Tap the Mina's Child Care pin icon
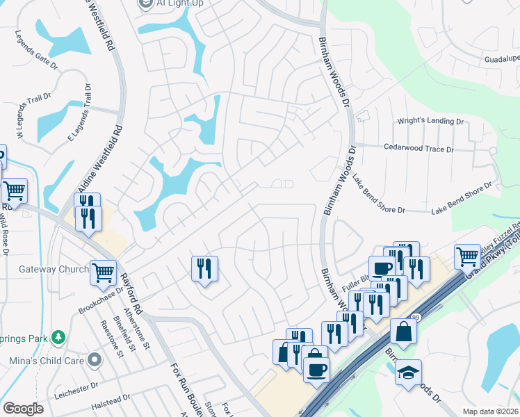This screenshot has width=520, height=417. (x=95, y=360)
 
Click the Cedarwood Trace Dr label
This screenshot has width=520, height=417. (x=419, y=149)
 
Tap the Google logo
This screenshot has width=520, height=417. (x=24, y=409)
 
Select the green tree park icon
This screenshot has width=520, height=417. (x=60, y=337)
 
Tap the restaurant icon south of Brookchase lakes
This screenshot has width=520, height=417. (x=204, y=268)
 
